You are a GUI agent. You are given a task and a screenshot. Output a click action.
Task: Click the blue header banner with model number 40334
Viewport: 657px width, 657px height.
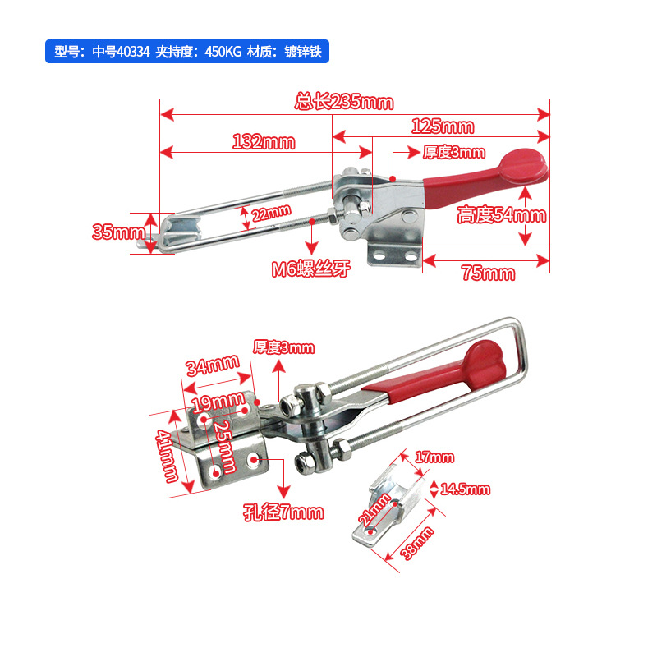coord(187,52)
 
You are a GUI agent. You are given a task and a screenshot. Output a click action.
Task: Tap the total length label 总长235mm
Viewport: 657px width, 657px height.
coord(344,102)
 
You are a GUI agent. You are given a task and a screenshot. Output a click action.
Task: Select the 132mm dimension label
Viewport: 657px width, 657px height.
coord(264,141)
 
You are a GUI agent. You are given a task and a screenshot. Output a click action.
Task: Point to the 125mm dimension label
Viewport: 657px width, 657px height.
coord(443,126)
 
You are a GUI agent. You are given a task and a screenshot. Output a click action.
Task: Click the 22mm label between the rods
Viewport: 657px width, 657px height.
coord(271,214)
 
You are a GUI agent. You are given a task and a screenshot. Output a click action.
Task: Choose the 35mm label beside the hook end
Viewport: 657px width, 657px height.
coord(118,232)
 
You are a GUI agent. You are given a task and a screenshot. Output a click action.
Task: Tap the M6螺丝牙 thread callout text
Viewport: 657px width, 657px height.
coord(311,269)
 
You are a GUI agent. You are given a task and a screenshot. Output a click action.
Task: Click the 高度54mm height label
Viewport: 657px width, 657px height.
coord(502,215)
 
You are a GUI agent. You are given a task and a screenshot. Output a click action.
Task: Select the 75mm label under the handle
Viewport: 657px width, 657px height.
coord(488,273)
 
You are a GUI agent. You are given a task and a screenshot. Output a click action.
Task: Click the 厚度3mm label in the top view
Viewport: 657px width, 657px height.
coord(454,152)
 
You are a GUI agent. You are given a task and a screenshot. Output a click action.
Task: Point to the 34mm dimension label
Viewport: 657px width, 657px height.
coord(213,365)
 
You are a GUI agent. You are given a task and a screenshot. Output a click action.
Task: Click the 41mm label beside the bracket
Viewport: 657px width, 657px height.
coord(167,456)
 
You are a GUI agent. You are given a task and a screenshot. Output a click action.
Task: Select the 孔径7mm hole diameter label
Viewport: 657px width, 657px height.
coord(283,512)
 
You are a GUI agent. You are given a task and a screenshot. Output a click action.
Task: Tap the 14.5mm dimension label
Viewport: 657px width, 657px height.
coord(465,489)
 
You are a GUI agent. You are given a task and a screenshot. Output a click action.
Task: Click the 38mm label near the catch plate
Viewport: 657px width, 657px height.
coord(417,544)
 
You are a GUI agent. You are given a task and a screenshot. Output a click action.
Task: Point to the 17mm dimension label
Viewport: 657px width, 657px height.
coord(434,457)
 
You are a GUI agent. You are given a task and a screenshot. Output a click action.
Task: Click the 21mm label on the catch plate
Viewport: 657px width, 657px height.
coord(374,509)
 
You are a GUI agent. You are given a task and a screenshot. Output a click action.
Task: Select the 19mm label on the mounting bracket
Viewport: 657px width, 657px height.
coord(218,402)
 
